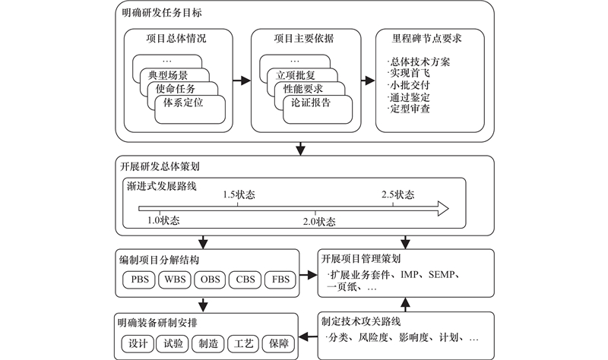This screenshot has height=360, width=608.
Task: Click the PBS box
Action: coord(140,279)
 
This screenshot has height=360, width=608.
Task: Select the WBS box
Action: coord(175,279)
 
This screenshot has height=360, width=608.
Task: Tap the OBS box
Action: coord(211,279)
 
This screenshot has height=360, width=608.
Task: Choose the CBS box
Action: coord(246,279)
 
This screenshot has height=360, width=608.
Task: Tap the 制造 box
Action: coord(209,343)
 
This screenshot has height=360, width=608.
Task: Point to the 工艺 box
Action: coord(245,343)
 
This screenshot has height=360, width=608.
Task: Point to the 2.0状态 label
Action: coord(320,222)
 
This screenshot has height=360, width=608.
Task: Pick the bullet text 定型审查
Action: coord(411,109)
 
